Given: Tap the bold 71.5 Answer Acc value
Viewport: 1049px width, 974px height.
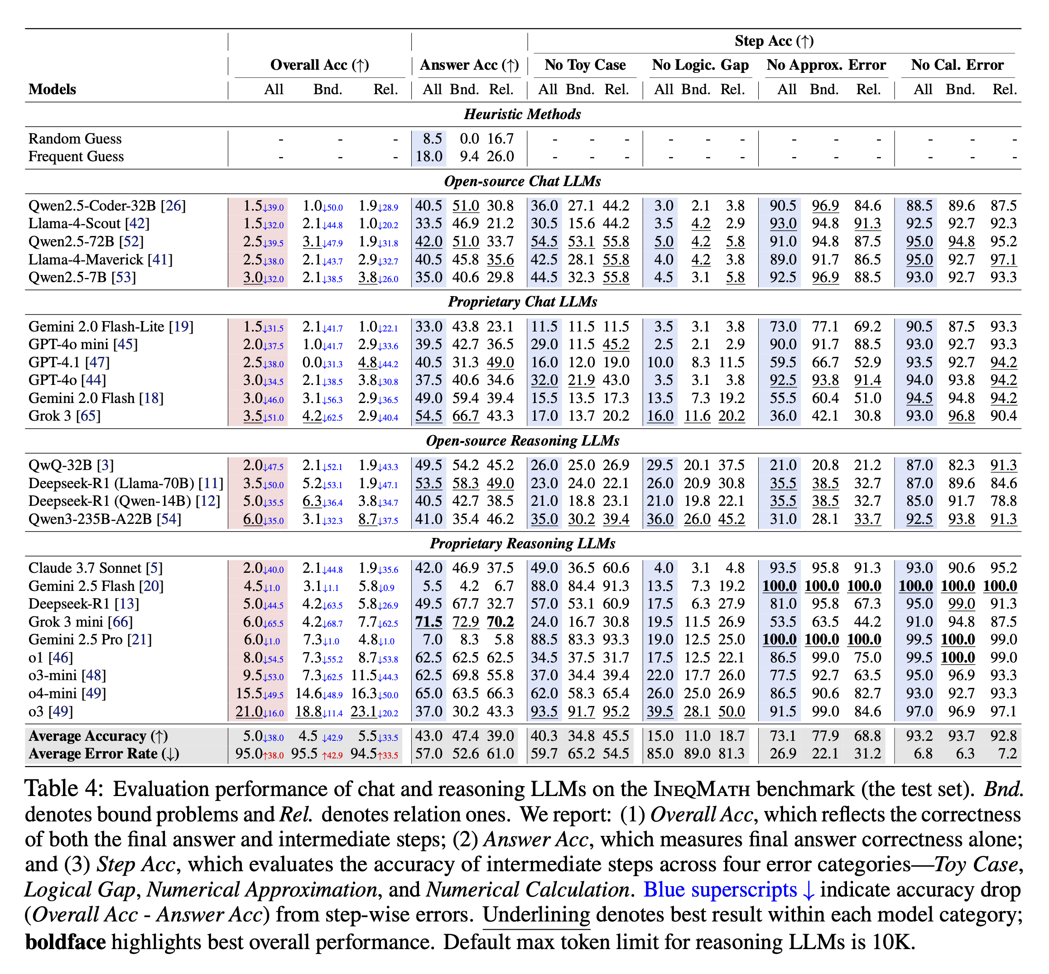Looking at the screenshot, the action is pyautogui.click(x=428, y=622).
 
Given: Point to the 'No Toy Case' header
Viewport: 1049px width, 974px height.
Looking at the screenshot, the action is pyautogui.click(x=585, y=65).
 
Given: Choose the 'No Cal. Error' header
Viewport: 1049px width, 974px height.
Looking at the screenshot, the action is pyautogui.click(x=957, y=65).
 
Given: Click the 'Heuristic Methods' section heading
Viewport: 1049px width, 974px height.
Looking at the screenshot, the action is pyautogui.click(x=522, y=115).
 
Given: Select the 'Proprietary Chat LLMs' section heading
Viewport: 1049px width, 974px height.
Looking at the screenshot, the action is pyautogui.click(x=522, y=302).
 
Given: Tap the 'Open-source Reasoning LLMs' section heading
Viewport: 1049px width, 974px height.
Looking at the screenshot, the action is pyautogui.click(x=522, y=441).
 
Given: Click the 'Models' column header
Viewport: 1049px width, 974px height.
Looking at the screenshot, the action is pyautogui.click(x=52, y=90).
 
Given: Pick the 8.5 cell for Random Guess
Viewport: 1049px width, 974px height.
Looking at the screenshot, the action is pyautogui.click(x=432, y=139).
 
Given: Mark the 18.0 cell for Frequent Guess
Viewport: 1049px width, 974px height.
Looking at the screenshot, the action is pyautogui.click(x=429, y=157).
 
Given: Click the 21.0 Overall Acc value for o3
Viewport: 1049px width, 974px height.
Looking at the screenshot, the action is pyautogui.click(x=249, y=711).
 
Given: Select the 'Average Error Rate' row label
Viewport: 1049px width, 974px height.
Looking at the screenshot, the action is pyautogui.click(x=104, y=753).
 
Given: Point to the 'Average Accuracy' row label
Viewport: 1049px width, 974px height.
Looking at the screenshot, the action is pyautogui.click(x=98, y=736).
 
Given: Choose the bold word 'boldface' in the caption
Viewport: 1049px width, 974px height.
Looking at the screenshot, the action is pyautogui.click(x=65, y=941).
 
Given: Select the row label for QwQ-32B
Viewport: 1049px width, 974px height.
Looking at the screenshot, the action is pyautogui.click(x=71, y=466).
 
